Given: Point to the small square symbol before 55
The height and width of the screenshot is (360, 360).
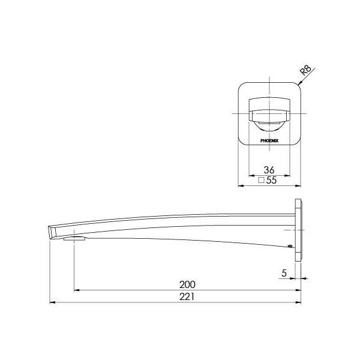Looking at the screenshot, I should point(261,180).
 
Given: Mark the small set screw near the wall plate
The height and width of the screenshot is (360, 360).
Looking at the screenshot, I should point(289,245).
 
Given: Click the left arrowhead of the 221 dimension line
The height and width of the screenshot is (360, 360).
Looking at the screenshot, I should point(52,302).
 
